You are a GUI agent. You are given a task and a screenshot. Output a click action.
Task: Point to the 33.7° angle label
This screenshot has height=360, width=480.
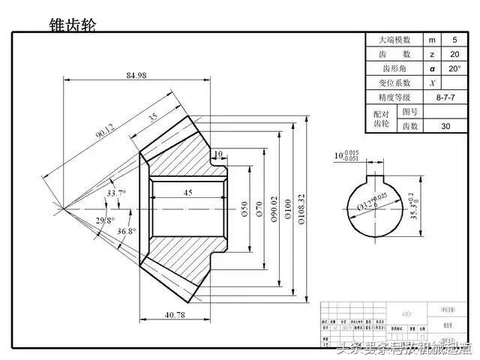coord(116,193)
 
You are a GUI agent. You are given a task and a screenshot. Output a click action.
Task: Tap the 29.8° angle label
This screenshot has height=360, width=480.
coord(105,220)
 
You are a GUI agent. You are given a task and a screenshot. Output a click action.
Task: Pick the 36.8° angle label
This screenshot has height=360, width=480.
coord(127,232)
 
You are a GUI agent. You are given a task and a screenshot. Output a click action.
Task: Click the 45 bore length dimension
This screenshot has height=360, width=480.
coord(188,193)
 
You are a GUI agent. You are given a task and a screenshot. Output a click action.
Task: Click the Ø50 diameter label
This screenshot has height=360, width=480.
coord(245,209)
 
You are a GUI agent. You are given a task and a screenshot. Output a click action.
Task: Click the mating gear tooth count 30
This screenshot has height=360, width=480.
coord(445,126)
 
